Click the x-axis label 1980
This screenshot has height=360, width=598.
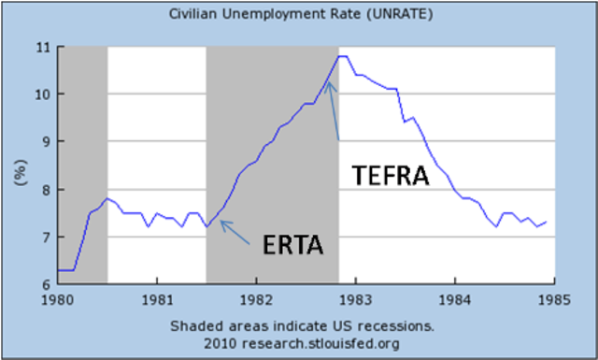click(x=58, y=302)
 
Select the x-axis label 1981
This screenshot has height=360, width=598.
click(x=157, y=302)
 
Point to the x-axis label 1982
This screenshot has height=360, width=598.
click(x=256, y=302)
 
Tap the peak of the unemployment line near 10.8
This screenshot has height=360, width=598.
click(x=342, y=56)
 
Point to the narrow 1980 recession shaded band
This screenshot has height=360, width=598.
click(x=82, y=164)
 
